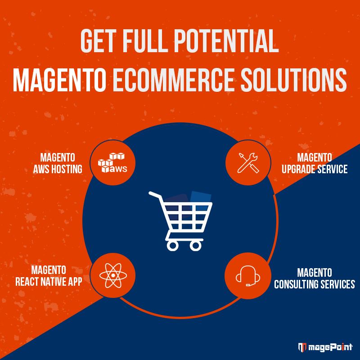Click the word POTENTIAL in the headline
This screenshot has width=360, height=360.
click(x=226, y=41)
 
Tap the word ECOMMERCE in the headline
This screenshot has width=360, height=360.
click(x=173, y=80)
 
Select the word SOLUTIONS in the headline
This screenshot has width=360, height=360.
click(x=294, y=80)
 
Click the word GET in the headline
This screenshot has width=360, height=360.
click(x=97, y=41)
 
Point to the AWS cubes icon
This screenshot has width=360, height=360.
click(x=112, y=162)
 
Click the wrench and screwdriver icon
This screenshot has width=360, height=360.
click(x=248, y=162)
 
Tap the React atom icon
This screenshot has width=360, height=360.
click(x=113, y=275)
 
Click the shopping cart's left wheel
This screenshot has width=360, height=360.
click(x=172, y=246)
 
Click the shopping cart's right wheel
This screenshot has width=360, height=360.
click(x=196, y=246)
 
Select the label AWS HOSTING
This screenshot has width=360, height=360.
click(x=58, y=169)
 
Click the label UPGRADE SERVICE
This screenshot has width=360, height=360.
click(x=314, y=169)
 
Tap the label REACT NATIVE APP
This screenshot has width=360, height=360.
click(x=49, y=282)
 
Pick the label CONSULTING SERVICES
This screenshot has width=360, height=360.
click(x=314, y=284)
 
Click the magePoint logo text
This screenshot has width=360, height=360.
click(x=330, y=347)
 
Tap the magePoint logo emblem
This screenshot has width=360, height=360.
click(x=302, y=347)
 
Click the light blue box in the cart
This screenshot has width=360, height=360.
click(x=200, y=200)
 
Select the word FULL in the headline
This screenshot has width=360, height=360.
click(x=144, y=41)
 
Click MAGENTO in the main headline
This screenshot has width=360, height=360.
click(x=59, y=80)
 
